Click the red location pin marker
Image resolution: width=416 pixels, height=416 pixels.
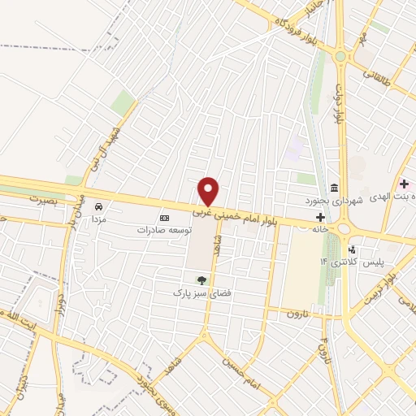[209, 192]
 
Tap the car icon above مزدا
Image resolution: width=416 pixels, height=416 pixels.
[99, 207]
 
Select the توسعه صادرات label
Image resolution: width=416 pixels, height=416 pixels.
[163, 230]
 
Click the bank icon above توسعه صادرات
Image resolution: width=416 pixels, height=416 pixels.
[164, 218]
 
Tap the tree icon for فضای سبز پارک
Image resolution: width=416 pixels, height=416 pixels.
[201, 279]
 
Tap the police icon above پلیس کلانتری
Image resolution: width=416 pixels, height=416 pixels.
[352, 249]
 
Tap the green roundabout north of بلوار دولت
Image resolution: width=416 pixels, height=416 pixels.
[339, 57]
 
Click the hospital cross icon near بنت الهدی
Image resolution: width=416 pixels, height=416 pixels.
[404, 185]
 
